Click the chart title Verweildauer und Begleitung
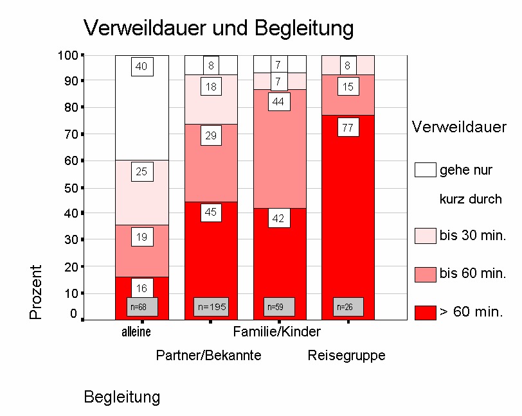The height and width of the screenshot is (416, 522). coord(219,28)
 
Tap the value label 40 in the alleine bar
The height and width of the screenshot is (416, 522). coord(141,66)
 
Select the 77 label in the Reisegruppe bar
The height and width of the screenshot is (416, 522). coord(348,128)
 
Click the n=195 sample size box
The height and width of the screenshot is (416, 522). coord(211,307)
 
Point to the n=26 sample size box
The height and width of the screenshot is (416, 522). coord(348,307)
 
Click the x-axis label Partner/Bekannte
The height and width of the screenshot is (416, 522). coord(209,356)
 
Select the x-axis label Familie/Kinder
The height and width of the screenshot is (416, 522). coord(276,332)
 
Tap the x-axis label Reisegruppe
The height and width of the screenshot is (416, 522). coord(346,356)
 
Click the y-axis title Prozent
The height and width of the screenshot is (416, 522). coord(37,292)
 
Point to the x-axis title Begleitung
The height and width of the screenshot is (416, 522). coord(122,397)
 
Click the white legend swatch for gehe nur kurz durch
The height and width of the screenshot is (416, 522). coord(425,170)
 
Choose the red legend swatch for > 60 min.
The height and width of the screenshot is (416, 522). coord(425,313)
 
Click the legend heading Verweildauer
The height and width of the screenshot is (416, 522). coord(459,128)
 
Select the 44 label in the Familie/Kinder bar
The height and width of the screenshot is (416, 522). coord(279,102)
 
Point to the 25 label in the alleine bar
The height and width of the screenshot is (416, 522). coord(141,172)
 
